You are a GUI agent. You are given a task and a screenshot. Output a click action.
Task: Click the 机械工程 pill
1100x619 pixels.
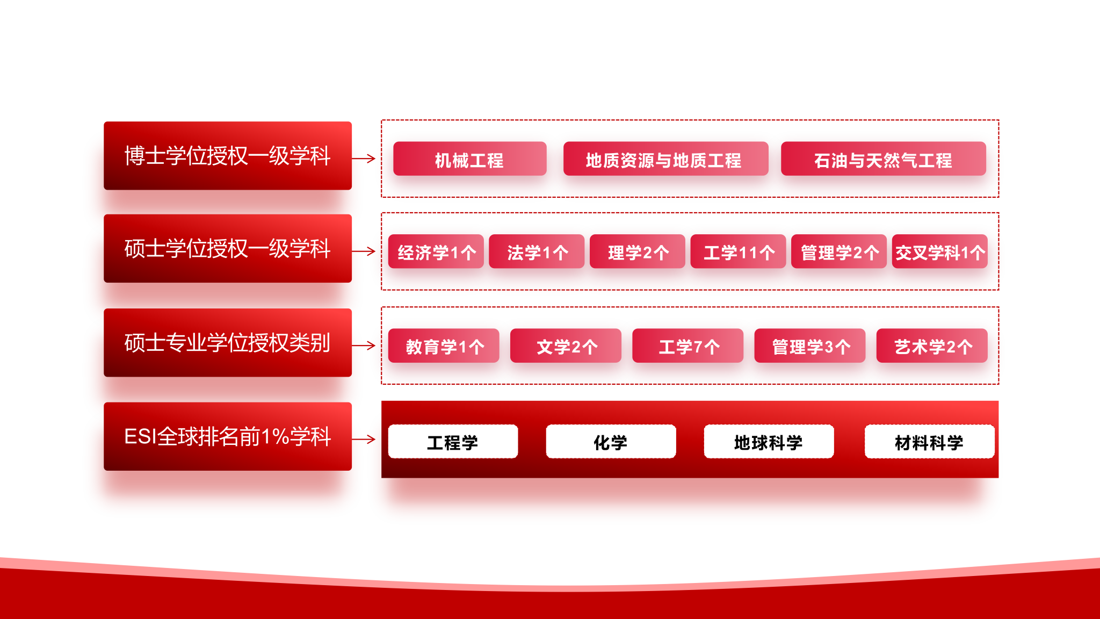pos(469,159)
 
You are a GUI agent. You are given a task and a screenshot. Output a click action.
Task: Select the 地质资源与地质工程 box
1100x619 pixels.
pos(665,159)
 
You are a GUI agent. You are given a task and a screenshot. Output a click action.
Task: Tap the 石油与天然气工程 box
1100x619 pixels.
pos(883,159)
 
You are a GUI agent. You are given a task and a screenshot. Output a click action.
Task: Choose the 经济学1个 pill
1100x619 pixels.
pos(436,251)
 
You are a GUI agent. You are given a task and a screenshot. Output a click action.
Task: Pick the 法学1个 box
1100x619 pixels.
pos(537,251)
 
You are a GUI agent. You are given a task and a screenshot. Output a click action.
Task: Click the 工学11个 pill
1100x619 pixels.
pos(738,251)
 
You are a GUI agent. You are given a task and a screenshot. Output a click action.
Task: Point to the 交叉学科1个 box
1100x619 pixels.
pos(939,251)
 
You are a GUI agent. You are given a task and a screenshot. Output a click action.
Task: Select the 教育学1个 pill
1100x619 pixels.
pos(444,346)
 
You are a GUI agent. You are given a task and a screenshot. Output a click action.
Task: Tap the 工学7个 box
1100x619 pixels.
pos(687,346)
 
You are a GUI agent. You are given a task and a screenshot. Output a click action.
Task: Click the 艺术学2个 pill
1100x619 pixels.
pos(932,346)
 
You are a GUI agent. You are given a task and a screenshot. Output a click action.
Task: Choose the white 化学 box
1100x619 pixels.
pos(611,441)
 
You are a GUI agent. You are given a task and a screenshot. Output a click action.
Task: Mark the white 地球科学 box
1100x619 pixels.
pos(769,441)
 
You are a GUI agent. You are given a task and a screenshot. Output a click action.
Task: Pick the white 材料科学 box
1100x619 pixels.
pos(929,441)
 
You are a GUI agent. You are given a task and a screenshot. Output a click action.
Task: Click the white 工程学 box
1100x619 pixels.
pos(453,441)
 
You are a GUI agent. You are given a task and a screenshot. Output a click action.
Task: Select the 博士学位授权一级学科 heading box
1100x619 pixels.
pos(228,156)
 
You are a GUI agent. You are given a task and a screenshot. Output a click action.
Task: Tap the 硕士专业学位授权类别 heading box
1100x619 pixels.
pos(228,342)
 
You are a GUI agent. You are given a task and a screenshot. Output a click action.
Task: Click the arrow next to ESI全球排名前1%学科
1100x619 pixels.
pos(364,439)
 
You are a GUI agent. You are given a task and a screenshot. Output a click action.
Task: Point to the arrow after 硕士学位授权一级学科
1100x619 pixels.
pos(364,251)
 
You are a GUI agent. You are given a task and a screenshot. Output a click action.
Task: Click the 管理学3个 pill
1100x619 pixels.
pos(810,346)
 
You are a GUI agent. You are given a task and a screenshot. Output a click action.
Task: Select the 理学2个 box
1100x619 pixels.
pos(637,251)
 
